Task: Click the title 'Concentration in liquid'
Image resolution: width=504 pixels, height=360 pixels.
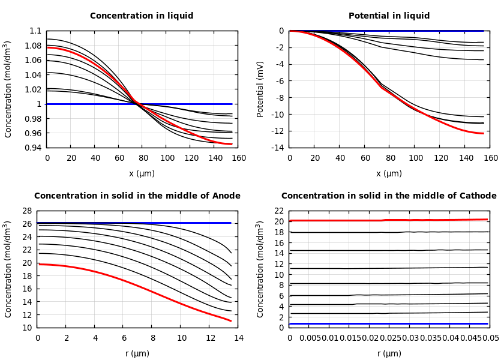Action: point(142,16)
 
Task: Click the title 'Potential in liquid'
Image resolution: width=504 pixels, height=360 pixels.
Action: point(389,16)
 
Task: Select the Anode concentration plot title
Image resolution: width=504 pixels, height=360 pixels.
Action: point(137,196)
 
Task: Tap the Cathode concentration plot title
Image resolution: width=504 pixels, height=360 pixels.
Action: point(389,196)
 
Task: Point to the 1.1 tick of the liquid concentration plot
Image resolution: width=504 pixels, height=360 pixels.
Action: point(35,31)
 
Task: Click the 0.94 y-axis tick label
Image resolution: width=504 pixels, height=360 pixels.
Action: point(34,148)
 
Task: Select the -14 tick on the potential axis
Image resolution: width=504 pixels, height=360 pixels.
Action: point(278,148)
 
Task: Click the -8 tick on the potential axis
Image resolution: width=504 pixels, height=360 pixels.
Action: point(280,98)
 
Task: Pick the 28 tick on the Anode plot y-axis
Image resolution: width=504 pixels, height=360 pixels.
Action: point(26,211)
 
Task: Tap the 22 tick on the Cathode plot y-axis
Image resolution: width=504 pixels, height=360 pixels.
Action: point(278,211)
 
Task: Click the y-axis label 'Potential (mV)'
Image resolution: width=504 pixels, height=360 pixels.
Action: point(260,89)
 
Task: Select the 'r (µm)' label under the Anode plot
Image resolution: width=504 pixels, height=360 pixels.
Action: point(137,353)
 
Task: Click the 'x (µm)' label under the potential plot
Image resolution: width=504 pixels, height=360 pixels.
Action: point(389,173)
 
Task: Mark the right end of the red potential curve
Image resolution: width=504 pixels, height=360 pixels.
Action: point(483,133)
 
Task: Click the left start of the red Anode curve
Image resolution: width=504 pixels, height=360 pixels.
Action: point(38,264)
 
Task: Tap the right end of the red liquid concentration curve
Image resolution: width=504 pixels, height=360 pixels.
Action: point(232,144)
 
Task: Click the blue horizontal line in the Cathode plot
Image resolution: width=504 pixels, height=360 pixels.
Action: point(389,323)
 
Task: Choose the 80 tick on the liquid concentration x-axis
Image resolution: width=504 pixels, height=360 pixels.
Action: point(143,158)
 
